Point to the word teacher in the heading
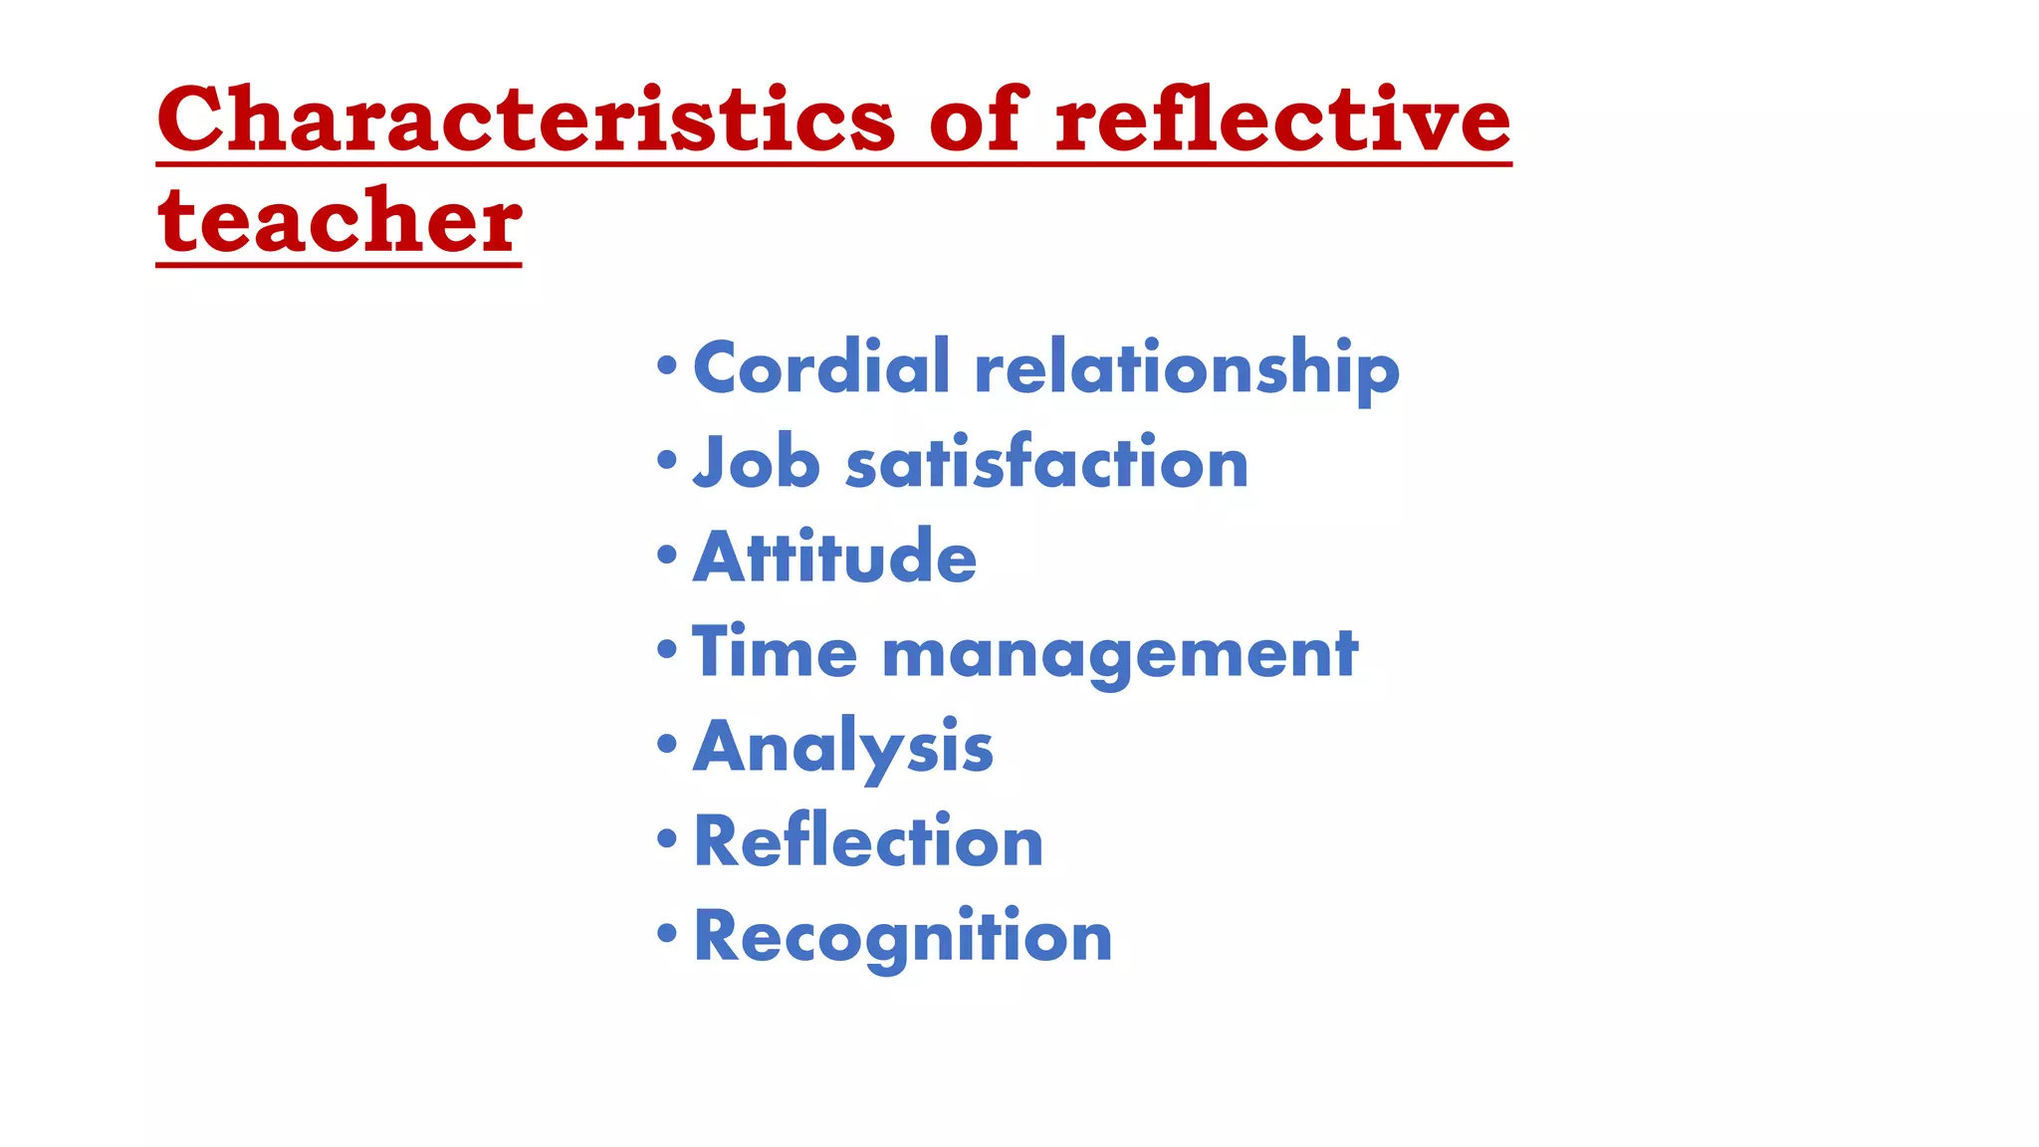click(x=340, y=221)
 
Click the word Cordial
click(x=821, y=366)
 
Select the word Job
click(x=757, y=462)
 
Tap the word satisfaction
click(x=1046, y=462)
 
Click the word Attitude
click(x=834, y=557)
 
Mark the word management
click(x=1120, y=655)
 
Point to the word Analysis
click(x=843, y=747)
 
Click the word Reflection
click(x=868, y=841)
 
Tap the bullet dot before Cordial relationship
click(x=667, y=364)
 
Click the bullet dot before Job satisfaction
click(x=667, y=459)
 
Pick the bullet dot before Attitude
click(x=667, y=555)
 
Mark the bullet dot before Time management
click(x=667, y=649)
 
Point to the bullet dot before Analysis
click(x=667, y=744)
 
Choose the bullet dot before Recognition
click(x=667, y=933)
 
